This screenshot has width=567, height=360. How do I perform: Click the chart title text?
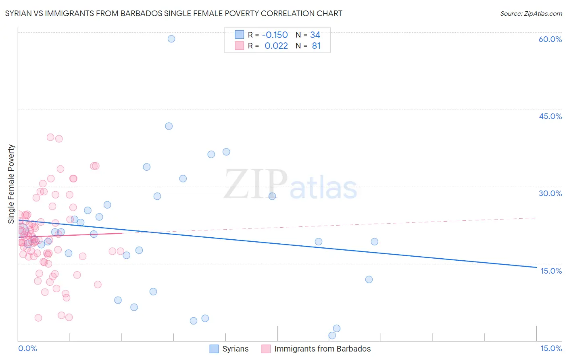coord(173,13)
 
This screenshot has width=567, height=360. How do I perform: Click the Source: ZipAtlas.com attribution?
coord(531,13)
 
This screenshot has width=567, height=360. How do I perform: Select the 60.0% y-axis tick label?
coord(550,39)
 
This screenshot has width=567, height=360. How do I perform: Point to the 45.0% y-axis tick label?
coord(550,116)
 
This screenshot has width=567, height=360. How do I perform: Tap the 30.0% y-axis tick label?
coord(550,193)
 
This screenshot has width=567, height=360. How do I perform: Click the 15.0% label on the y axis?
coord(551,271)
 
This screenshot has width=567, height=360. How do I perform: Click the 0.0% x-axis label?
coord(27,348)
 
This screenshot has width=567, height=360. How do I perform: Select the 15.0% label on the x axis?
coord(551,348)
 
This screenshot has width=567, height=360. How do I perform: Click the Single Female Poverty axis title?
coord(11,184)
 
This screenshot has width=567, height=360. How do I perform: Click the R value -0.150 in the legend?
coord(275,35)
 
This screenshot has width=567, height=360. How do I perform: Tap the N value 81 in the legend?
coord(316,46)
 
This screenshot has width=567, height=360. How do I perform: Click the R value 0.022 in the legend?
coord(276,46)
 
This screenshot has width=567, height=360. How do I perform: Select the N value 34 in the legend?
coord(315,35)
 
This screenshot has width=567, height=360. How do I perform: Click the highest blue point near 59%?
coord(171,39)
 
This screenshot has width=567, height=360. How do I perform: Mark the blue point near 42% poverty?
coord(169,126)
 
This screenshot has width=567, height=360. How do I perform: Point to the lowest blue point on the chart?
coord(332,335)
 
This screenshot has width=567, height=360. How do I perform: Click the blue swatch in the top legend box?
coord(240,35)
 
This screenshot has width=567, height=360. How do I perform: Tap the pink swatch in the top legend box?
coord(240,46)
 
